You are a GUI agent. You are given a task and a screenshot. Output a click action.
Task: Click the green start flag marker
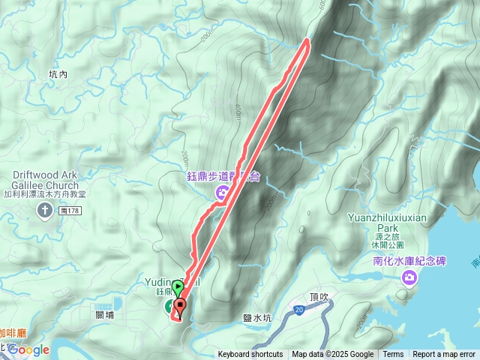[x=177, y=287]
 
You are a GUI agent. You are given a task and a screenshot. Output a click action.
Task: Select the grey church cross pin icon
[x=45, y=209]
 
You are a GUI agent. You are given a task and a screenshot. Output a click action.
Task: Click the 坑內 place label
[x=58, y=74]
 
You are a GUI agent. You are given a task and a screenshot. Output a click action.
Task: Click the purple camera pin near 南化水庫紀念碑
[x=409, y=279]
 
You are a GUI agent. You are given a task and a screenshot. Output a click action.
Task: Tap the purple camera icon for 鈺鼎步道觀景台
[x=223, y=194]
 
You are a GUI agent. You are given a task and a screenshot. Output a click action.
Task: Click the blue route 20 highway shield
[x=298, y=308]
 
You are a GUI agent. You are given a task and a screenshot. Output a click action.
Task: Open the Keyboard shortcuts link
[x=250, y=355]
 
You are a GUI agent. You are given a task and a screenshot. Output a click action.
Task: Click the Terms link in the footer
[x=393, y=355]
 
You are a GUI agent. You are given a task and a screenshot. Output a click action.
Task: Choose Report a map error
[x=444, y=355]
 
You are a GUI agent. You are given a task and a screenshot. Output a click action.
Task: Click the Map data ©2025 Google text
[x=333, y=355]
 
